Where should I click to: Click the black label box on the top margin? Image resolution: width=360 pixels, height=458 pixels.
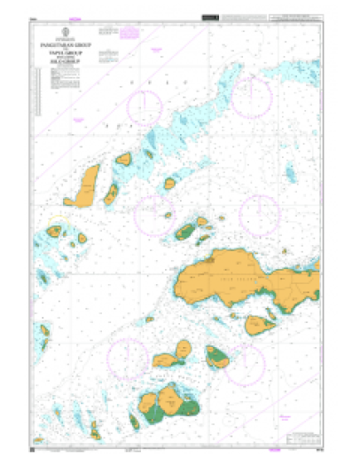(x=209, y=17)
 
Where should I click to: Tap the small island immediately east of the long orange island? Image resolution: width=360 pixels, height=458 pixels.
(x=112, y=193)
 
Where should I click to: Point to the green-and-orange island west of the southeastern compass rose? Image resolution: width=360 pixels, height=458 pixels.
(x=218, y=357)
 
